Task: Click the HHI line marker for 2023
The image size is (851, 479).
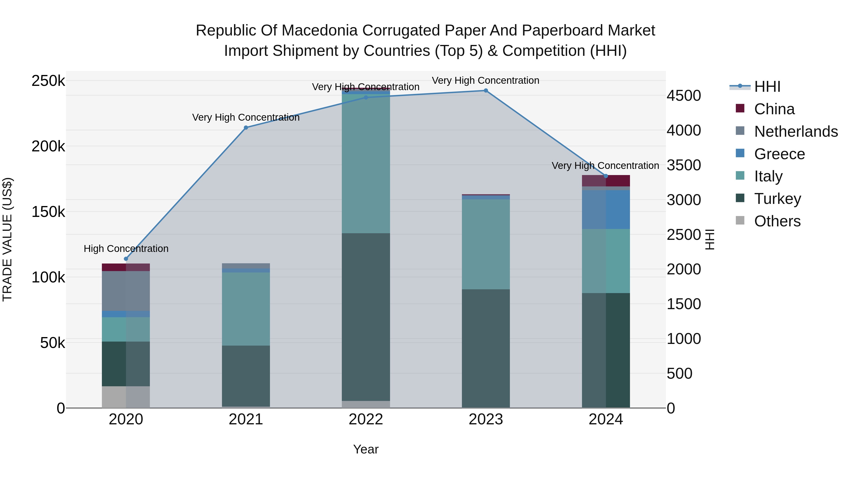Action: [486, 91]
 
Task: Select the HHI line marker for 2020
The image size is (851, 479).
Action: [126, 259]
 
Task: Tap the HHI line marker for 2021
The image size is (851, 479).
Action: [246, 127]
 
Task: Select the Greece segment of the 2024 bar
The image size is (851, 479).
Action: [606, 209]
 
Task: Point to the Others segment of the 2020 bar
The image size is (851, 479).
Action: [126, 397]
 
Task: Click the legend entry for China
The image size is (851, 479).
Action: [774, 109]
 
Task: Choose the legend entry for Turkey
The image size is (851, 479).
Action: [777, 199]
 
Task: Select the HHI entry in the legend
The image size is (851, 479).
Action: [767, 87]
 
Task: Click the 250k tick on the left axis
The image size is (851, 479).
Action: [48, 81]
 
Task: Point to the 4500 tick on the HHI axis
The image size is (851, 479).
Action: [683, 96]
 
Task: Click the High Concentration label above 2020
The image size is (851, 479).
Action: [126, 249]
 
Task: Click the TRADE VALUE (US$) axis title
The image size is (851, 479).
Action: [7, 239]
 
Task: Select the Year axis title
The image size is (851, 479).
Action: [366, 449]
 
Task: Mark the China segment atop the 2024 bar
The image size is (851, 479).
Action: [606, 181]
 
